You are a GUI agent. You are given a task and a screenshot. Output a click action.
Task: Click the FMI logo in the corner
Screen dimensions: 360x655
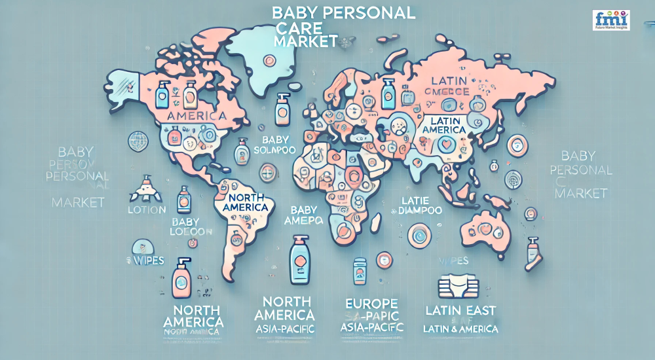click(610, 20)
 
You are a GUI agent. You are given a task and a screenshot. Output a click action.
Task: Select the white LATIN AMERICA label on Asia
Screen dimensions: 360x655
click(449, 125)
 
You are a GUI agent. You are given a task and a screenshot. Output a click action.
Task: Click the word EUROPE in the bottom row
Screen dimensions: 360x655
click(371, 304)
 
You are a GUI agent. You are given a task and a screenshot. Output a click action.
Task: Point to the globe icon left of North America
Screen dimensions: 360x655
click(138, 139)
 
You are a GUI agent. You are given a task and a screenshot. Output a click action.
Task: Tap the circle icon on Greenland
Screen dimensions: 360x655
click(269, 60)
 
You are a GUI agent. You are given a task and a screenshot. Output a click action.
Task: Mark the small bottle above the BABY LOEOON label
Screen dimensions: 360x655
click(184, 199)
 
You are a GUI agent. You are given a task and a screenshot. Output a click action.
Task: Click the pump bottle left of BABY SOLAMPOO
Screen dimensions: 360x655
click(242, 150)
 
